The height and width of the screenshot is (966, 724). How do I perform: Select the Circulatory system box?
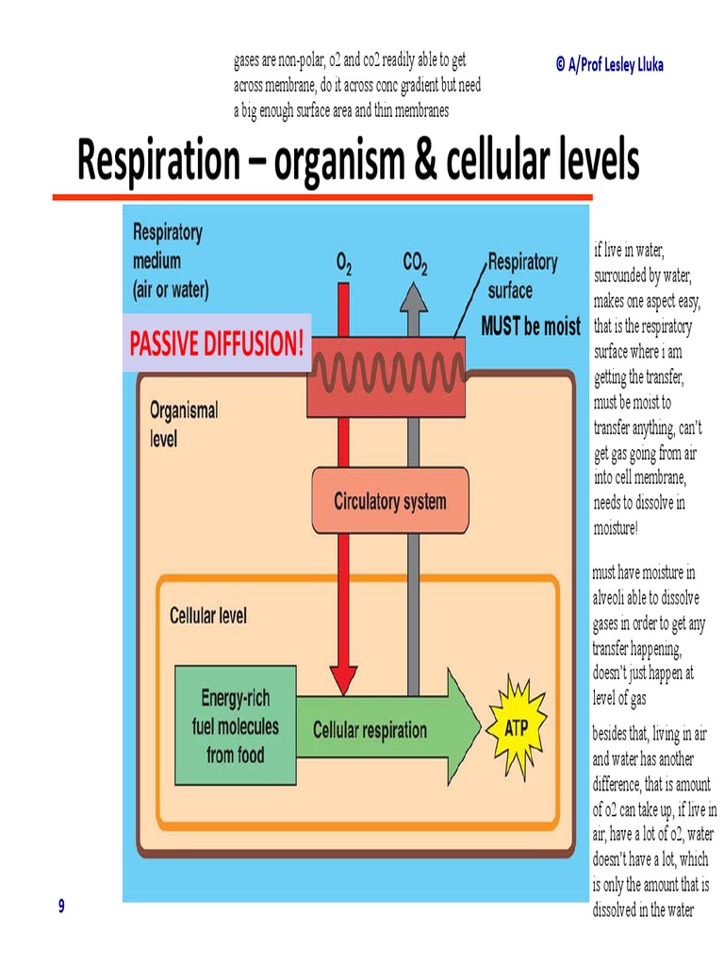click(389, 501)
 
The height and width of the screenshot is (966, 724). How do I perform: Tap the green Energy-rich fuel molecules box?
click(235, 726)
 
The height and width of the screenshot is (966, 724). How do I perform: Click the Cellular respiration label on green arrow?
click(370, 729)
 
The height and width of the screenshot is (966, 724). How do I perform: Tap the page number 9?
click(61, 907)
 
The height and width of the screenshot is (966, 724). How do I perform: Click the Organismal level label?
click(184, 425)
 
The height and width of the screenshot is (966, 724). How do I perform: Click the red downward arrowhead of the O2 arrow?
click(343, 678)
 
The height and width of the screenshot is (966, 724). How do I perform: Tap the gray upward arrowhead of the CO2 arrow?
click(412, 294)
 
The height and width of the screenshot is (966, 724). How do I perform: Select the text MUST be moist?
click(531, 327)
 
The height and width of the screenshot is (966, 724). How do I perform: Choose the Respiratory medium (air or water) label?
click(171, 259)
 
